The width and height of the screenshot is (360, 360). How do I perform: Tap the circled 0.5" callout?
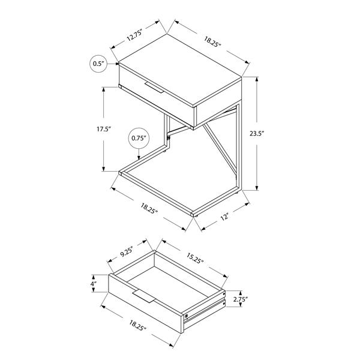pos(98,63)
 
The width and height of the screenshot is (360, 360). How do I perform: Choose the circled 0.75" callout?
pos(139,139)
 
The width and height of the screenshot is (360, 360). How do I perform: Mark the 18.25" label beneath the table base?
pos(150,208)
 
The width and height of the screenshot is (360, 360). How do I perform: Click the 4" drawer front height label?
pos(94,284)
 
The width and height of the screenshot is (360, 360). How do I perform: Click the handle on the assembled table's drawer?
pos(154,89)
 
